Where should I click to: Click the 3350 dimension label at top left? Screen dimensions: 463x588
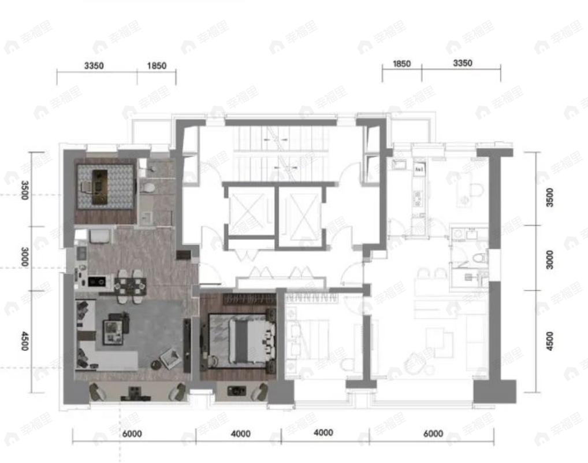tap(94, 66)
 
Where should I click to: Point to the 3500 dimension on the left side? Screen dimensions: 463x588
tap(24, 190)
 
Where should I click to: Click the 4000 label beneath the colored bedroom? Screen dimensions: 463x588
tap(240, 434)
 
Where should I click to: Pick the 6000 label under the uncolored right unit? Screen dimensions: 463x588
tap(433, 434)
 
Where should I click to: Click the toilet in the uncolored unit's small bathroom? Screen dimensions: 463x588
tap(477, 258)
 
